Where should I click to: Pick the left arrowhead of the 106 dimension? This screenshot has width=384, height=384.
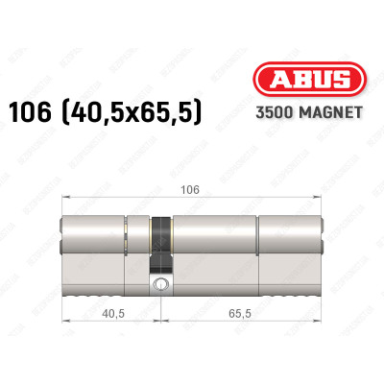[66, 199]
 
